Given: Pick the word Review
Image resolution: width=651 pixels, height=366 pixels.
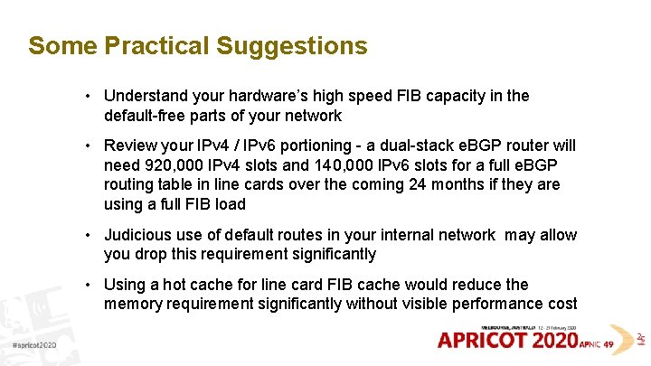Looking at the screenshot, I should [128, 145].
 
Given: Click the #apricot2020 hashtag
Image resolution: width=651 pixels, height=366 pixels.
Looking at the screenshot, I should [34, 346].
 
